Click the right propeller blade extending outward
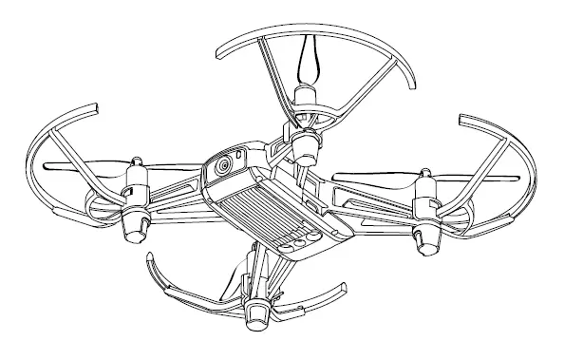pyautogui.click(x=494, y=178)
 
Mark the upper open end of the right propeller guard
pyautogui.click(x=462, y=121)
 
